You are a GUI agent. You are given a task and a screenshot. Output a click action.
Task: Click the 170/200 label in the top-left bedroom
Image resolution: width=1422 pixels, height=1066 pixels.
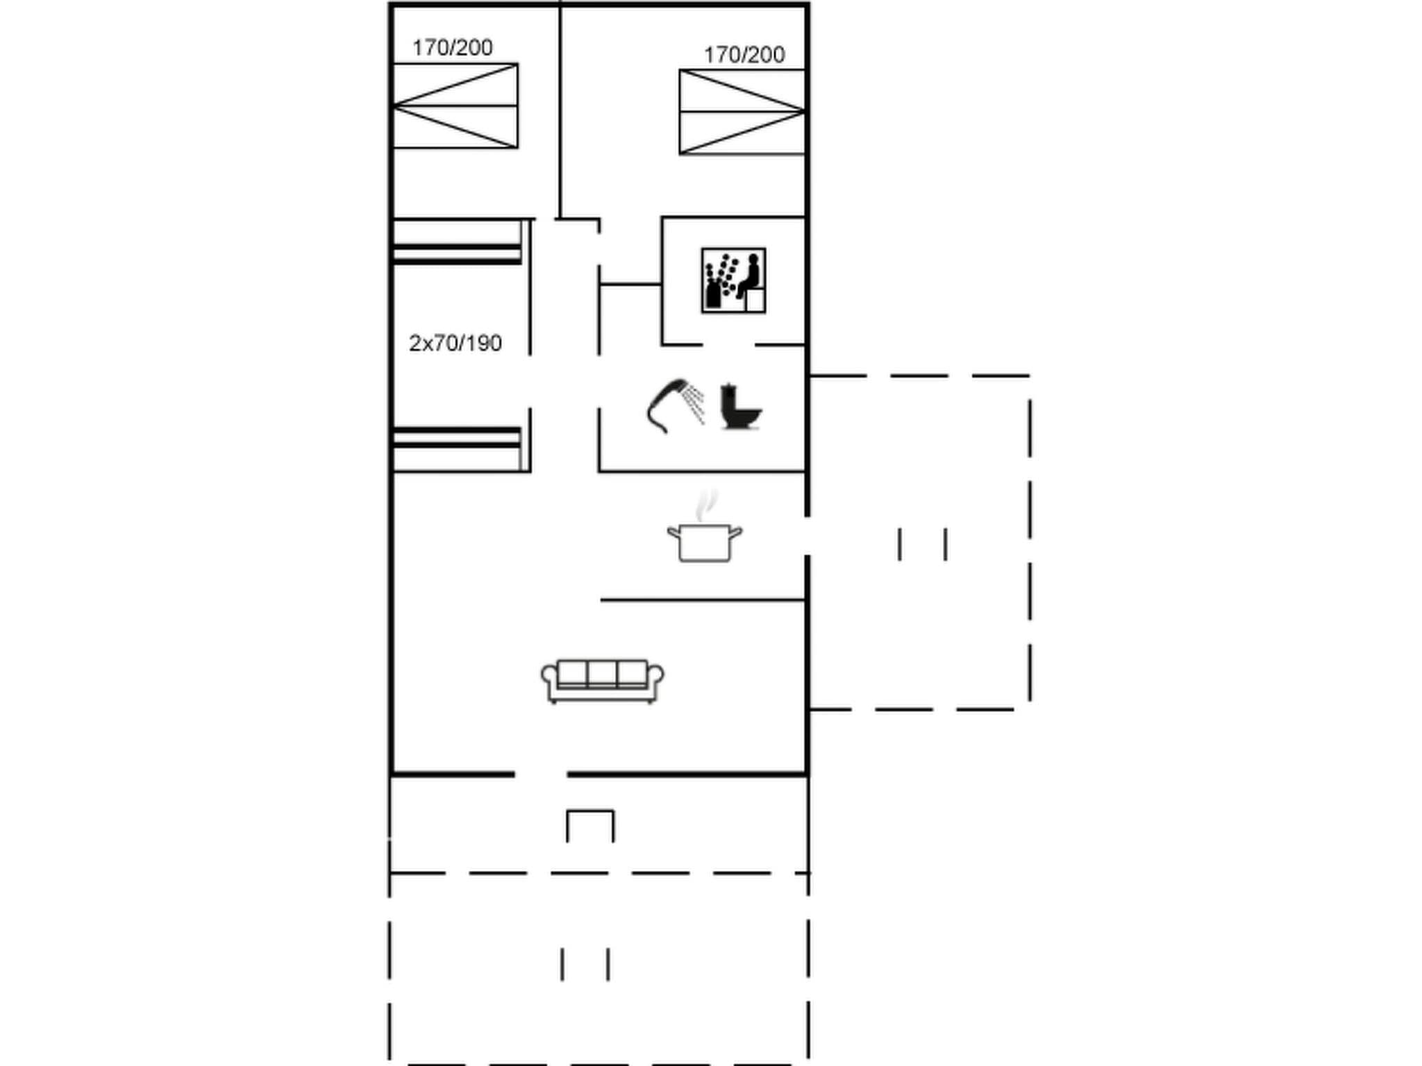[452, 48]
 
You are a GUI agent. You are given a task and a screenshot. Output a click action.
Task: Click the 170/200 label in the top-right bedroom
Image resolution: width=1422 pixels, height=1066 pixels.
[744, 55]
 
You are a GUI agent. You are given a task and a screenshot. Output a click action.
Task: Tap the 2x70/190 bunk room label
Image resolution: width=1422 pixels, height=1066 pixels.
[455, 344]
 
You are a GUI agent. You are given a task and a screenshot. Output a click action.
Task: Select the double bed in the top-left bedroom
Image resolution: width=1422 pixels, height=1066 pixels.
[455, 105]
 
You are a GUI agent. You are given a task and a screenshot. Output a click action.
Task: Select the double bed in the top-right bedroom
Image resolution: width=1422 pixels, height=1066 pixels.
[742, 112]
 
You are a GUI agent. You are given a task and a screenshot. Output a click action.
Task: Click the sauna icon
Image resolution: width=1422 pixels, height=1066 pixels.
[733, 280]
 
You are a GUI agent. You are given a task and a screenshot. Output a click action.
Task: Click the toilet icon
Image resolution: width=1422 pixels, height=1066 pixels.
[739, 407]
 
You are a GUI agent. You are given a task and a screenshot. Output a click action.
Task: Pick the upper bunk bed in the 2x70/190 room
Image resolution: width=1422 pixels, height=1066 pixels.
[457, 242]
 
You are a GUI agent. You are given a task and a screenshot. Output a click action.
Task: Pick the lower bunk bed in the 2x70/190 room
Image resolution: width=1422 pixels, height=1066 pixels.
[457, 449]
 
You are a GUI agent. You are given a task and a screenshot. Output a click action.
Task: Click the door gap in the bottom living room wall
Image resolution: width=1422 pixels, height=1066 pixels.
[540, 773]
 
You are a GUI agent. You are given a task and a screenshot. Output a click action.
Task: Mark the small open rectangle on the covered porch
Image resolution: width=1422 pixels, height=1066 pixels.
[590, 825]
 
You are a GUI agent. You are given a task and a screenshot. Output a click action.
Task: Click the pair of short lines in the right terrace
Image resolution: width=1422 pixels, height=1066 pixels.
[922, 544]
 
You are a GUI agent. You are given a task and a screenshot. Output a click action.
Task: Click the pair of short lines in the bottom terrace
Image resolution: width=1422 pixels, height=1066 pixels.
[585, 964]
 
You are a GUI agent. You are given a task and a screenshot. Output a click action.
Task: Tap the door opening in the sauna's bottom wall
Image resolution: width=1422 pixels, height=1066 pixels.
[728, 344]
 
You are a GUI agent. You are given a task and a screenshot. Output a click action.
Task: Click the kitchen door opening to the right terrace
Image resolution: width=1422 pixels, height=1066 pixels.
[807, 536]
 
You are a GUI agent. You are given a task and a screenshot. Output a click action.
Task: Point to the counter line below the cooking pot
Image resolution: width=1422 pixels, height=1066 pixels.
[703, 600]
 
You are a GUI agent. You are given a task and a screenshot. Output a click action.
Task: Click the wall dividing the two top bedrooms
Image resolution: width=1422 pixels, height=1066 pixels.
[560, 111]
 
